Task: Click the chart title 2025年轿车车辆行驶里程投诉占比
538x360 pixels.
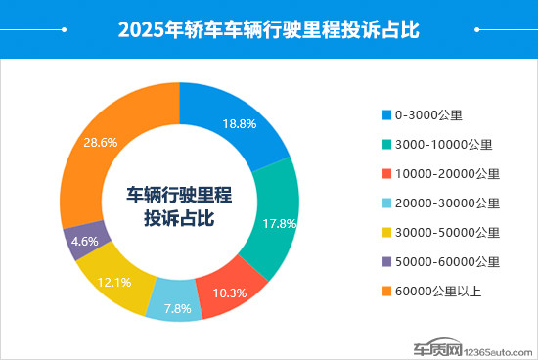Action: pyautogui.click(x=268, y=29)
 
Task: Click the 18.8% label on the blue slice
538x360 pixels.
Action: pyautogui.click(x=239, y=124)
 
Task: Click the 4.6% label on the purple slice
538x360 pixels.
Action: pyautogui.click(x=85, y=240)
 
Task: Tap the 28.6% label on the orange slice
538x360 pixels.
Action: pyautogui.click(x=101, y=142)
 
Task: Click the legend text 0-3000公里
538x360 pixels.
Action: pyautogui.click(x=427, y=114)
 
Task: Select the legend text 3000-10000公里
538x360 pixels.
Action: pyautogui.click(x=443, y=144)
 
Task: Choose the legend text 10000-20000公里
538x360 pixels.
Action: pyautogui.click(x=447, y=173)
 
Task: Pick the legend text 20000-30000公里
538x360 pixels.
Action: pyautogui.click(x=447, y=202)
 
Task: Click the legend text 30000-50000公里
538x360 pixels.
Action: pyautogui.click(x=447, y=232)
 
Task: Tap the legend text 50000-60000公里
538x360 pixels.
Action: pyautogui.click(x=447, y=261)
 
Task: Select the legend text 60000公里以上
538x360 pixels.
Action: pyautogui.click(x=438, y=291)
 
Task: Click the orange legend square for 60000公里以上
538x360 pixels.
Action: pyautogui.click(x=386, y=291)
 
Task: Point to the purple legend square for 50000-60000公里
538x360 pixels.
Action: pyautogui.click(x=386, y=261)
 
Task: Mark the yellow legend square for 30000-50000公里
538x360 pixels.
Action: pyautogui.click(x=386, y=232)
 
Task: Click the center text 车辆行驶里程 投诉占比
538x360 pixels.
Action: pyautogui.click(x=180, y=206)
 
